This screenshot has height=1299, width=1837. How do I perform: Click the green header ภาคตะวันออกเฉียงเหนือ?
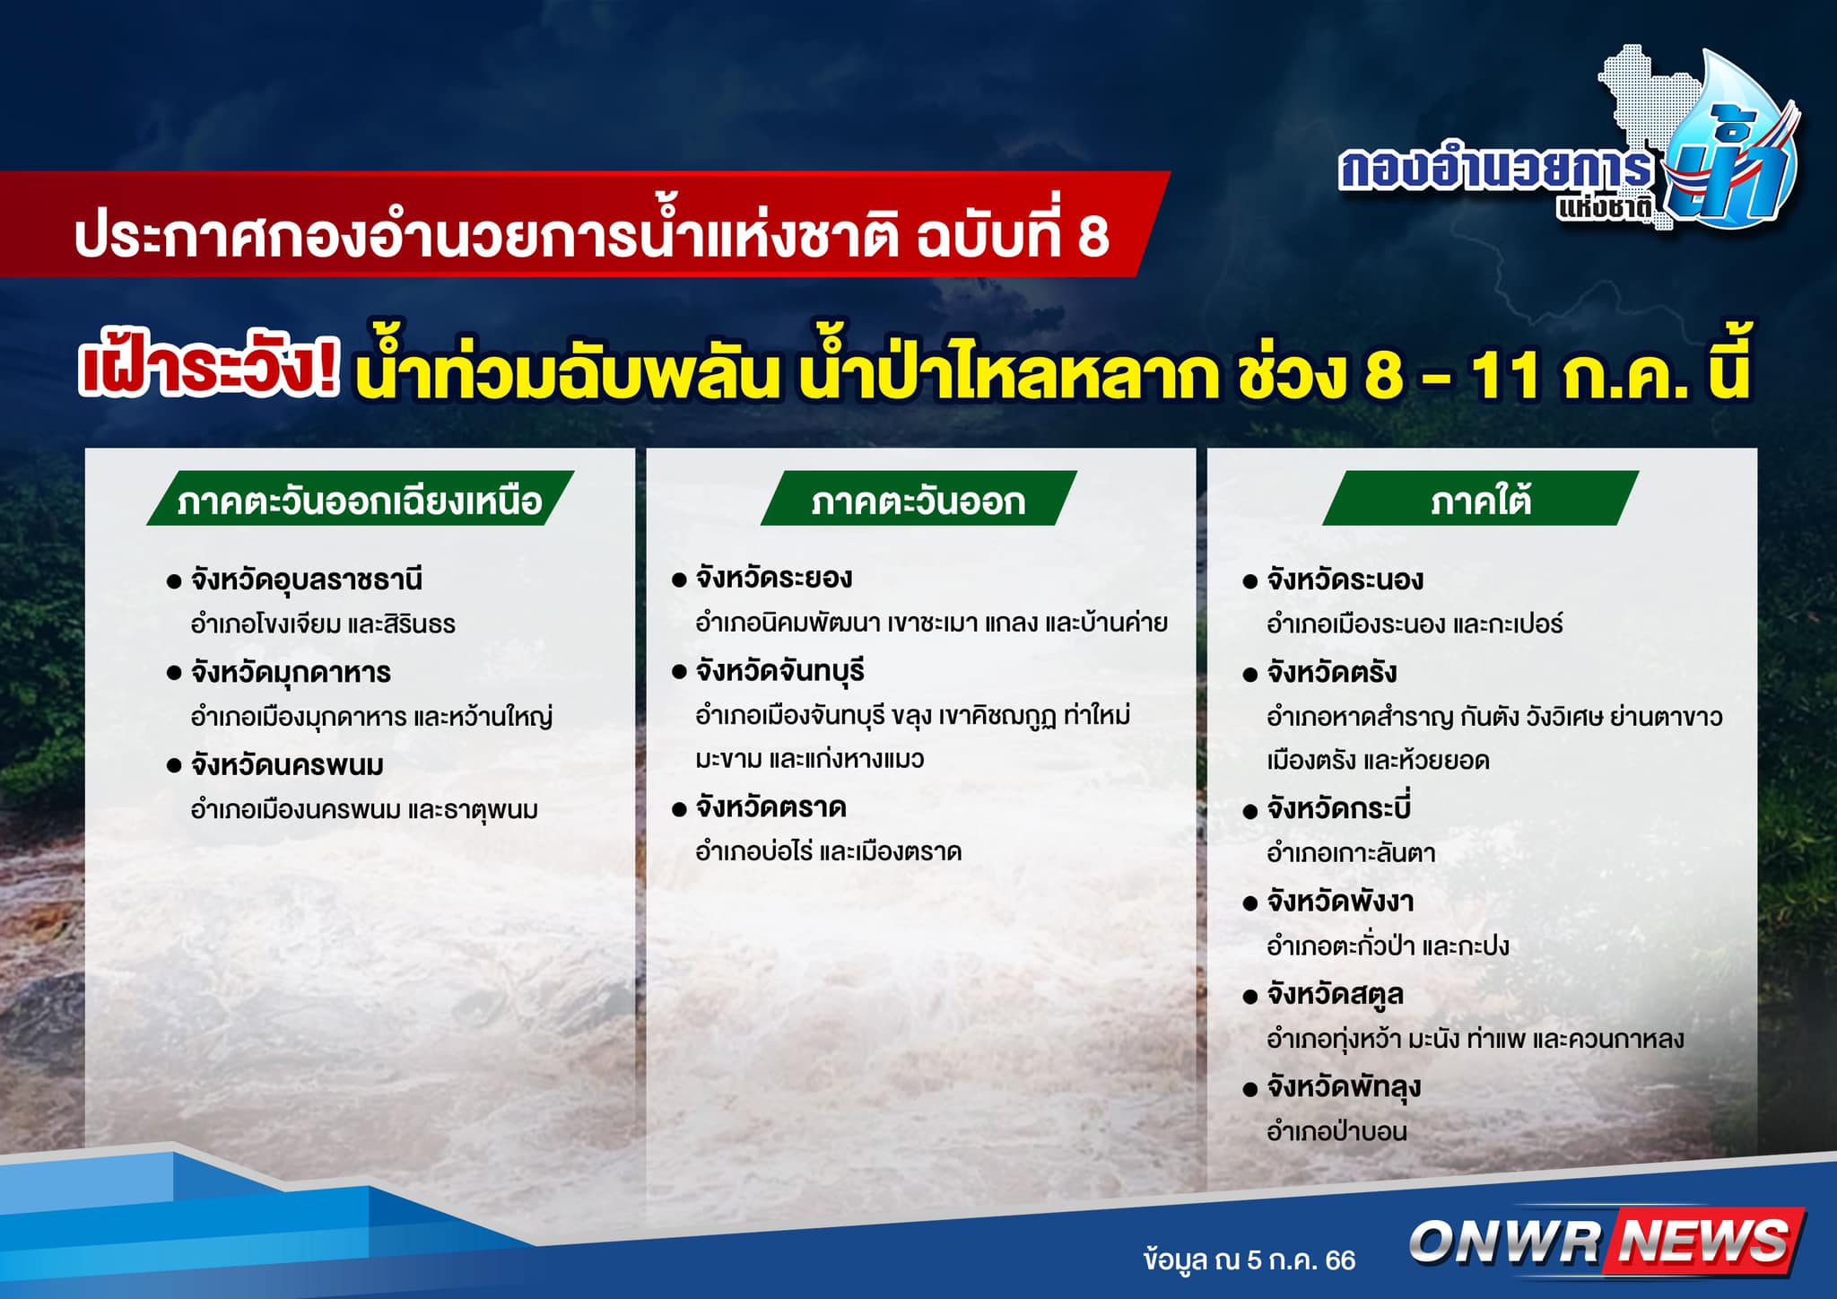pyautogui.click(x=360, y=500)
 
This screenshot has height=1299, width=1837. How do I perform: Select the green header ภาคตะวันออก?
pyautogui.click(x=918, y=500)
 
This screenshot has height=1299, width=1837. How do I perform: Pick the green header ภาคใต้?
pyautogui.click(x=1481, y=499)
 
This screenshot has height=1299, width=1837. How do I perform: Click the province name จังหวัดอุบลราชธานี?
pyautogui.click(x=306, y=580)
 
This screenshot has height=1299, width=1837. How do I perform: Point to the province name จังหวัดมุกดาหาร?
pyautogui.click(x=291, y=673)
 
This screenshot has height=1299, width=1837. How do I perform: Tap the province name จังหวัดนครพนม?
pyautogui.click(x=287, y=765)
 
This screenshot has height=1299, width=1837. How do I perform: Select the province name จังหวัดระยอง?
pyautogui.click(x=774, y=578)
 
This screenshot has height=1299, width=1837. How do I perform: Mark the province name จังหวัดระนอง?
pyautogui.click(x=1345, y=580)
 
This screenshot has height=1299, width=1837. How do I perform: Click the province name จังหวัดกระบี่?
pyautogui.click(x=1339, y=806)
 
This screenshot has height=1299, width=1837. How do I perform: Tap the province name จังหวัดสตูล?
pyautogui.click(x=1335, y=994)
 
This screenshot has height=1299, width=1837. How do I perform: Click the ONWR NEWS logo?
pyautogui.click(x=1606, y=1241)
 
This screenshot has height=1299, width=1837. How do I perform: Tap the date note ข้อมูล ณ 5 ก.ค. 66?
pyautogui.click(x=1249, y=1260)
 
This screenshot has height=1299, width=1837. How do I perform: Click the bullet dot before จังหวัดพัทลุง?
pyautogui.click(x=1250, y=1090)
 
